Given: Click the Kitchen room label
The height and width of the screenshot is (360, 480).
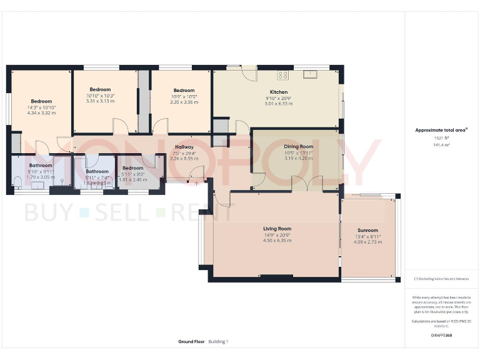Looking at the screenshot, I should pyautogui.click(x=276, y=92).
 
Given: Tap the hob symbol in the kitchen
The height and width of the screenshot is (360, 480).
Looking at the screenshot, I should pyautogui.click(x=282, y=76).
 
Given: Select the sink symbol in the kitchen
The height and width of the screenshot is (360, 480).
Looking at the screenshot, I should pyautogui.click(x=311, y=75).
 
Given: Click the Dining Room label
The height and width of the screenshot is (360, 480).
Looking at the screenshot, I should pyautogui.click(x=298, y=146).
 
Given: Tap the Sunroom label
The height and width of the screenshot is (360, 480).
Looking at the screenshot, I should pyautogui.click(x=367, y=230).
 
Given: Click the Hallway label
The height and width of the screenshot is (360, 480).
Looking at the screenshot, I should pyautogui.click(x=184, y=147).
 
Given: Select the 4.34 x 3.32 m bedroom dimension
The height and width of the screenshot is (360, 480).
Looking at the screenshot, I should pyautogui.click(x=41, y=113).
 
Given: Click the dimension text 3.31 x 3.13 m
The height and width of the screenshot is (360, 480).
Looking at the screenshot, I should pyautogui.click(x=100, y=101).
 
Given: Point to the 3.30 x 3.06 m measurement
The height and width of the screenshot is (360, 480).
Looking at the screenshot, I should pyautogui.click(x=184, y=101).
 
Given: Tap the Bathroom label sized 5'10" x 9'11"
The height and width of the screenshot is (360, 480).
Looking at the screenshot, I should pyautogui.click(x=41, y=166).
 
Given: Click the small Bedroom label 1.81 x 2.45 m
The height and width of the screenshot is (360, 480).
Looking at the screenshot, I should pyautogui.click(x=132, y=179).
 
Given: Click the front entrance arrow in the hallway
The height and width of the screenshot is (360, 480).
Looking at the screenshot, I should pyautogui.click(x=197, y=182).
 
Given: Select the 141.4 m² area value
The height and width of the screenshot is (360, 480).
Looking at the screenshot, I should pyautogui.click(x=442, y=144).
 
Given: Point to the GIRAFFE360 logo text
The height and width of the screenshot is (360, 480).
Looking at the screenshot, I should pyautogui.click(x=441, y=336).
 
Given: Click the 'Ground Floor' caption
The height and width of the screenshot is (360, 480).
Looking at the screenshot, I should pyautogui.click(x=191, y=342).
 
